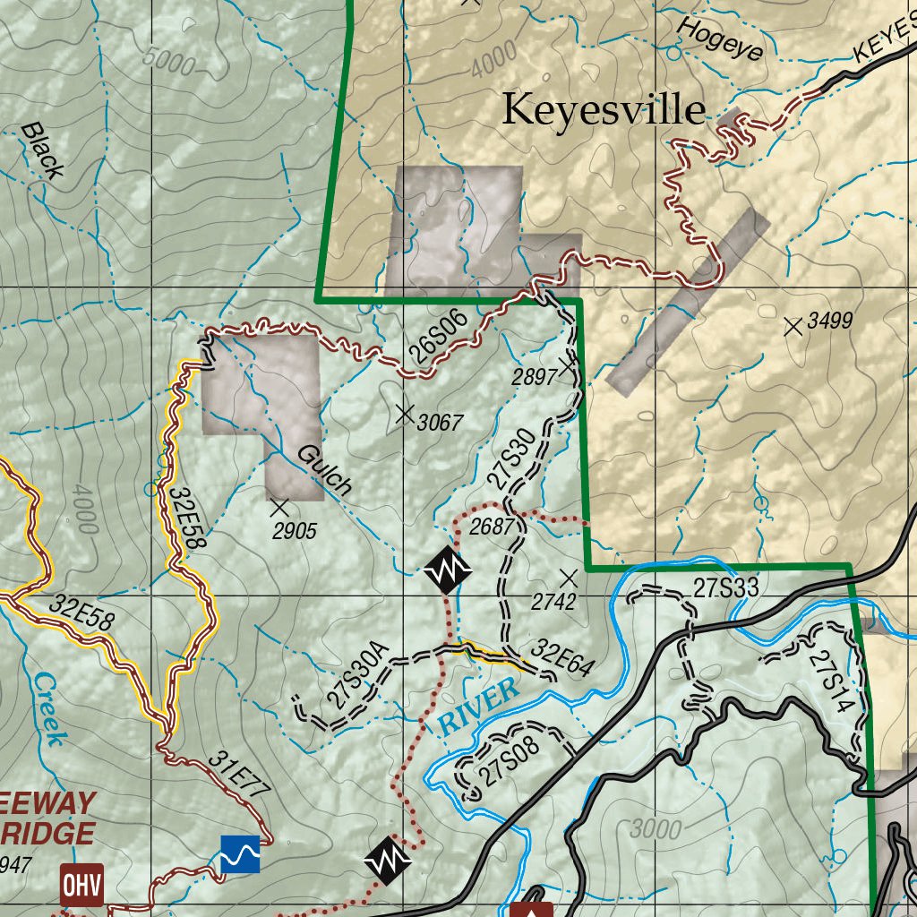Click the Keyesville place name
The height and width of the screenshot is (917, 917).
[x=603, y=109]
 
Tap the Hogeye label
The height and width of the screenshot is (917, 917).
[x=721, y=39]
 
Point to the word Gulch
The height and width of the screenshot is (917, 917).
[x=324, y=469]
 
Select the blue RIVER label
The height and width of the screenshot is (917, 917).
[x=479, y=706]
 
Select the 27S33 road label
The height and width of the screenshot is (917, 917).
[x=726, y=588]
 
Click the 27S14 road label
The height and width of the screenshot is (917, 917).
[x=827, y=681]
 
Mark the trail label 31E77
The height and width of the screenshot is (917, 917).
[x=239, y=775]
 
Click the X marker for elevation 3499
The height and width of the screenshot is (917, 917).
[x=793, y=327]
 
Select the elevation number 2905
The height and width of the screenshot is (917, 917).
[x=295, y=531]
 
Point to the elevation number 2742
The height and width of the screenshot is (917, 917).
[x=553, y=602]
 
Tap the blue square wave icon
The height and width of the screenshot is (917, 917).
[x=241, y=853]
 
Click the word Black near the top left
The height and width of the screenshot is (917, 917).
[x=42, y=150]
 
